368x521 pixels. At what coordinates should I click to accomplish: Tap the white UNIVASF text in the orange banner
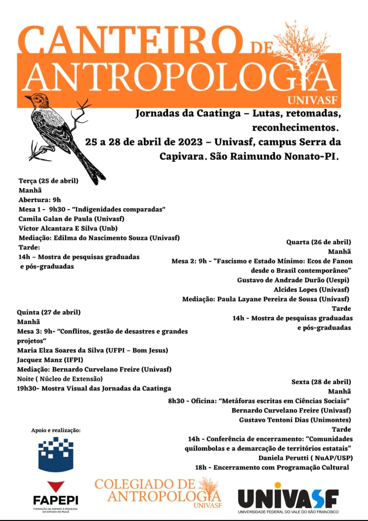tap(312, 101)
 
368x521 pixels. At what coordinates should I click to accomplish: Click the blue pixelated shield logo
tap(56, 454)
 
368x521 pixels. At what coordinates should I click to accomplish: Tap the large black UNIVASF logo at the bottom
tap(288, 498)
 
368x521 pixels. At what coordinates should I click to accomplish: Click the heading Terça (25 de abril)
tap(48, 181)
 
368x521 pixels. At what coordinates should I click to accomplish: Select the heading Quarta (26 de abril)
tap(318, 242)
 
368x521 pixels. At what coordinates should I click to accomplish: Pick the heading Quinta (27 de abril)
tap(49, 312)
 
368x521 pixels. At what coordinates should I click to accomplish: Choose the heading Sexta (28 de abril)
tap(321, 382)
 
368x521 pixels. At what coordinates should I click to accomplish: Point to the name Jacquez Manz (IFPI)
tap(50, 360)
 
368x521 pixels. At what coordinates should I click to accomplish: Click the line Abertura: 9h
tap(40, 200)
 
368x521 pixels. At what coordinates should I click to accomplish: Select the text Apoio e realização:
tap(56, 430)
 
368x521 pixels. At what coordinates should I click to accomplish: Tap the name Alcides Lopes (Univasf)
tap(311, 290)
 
